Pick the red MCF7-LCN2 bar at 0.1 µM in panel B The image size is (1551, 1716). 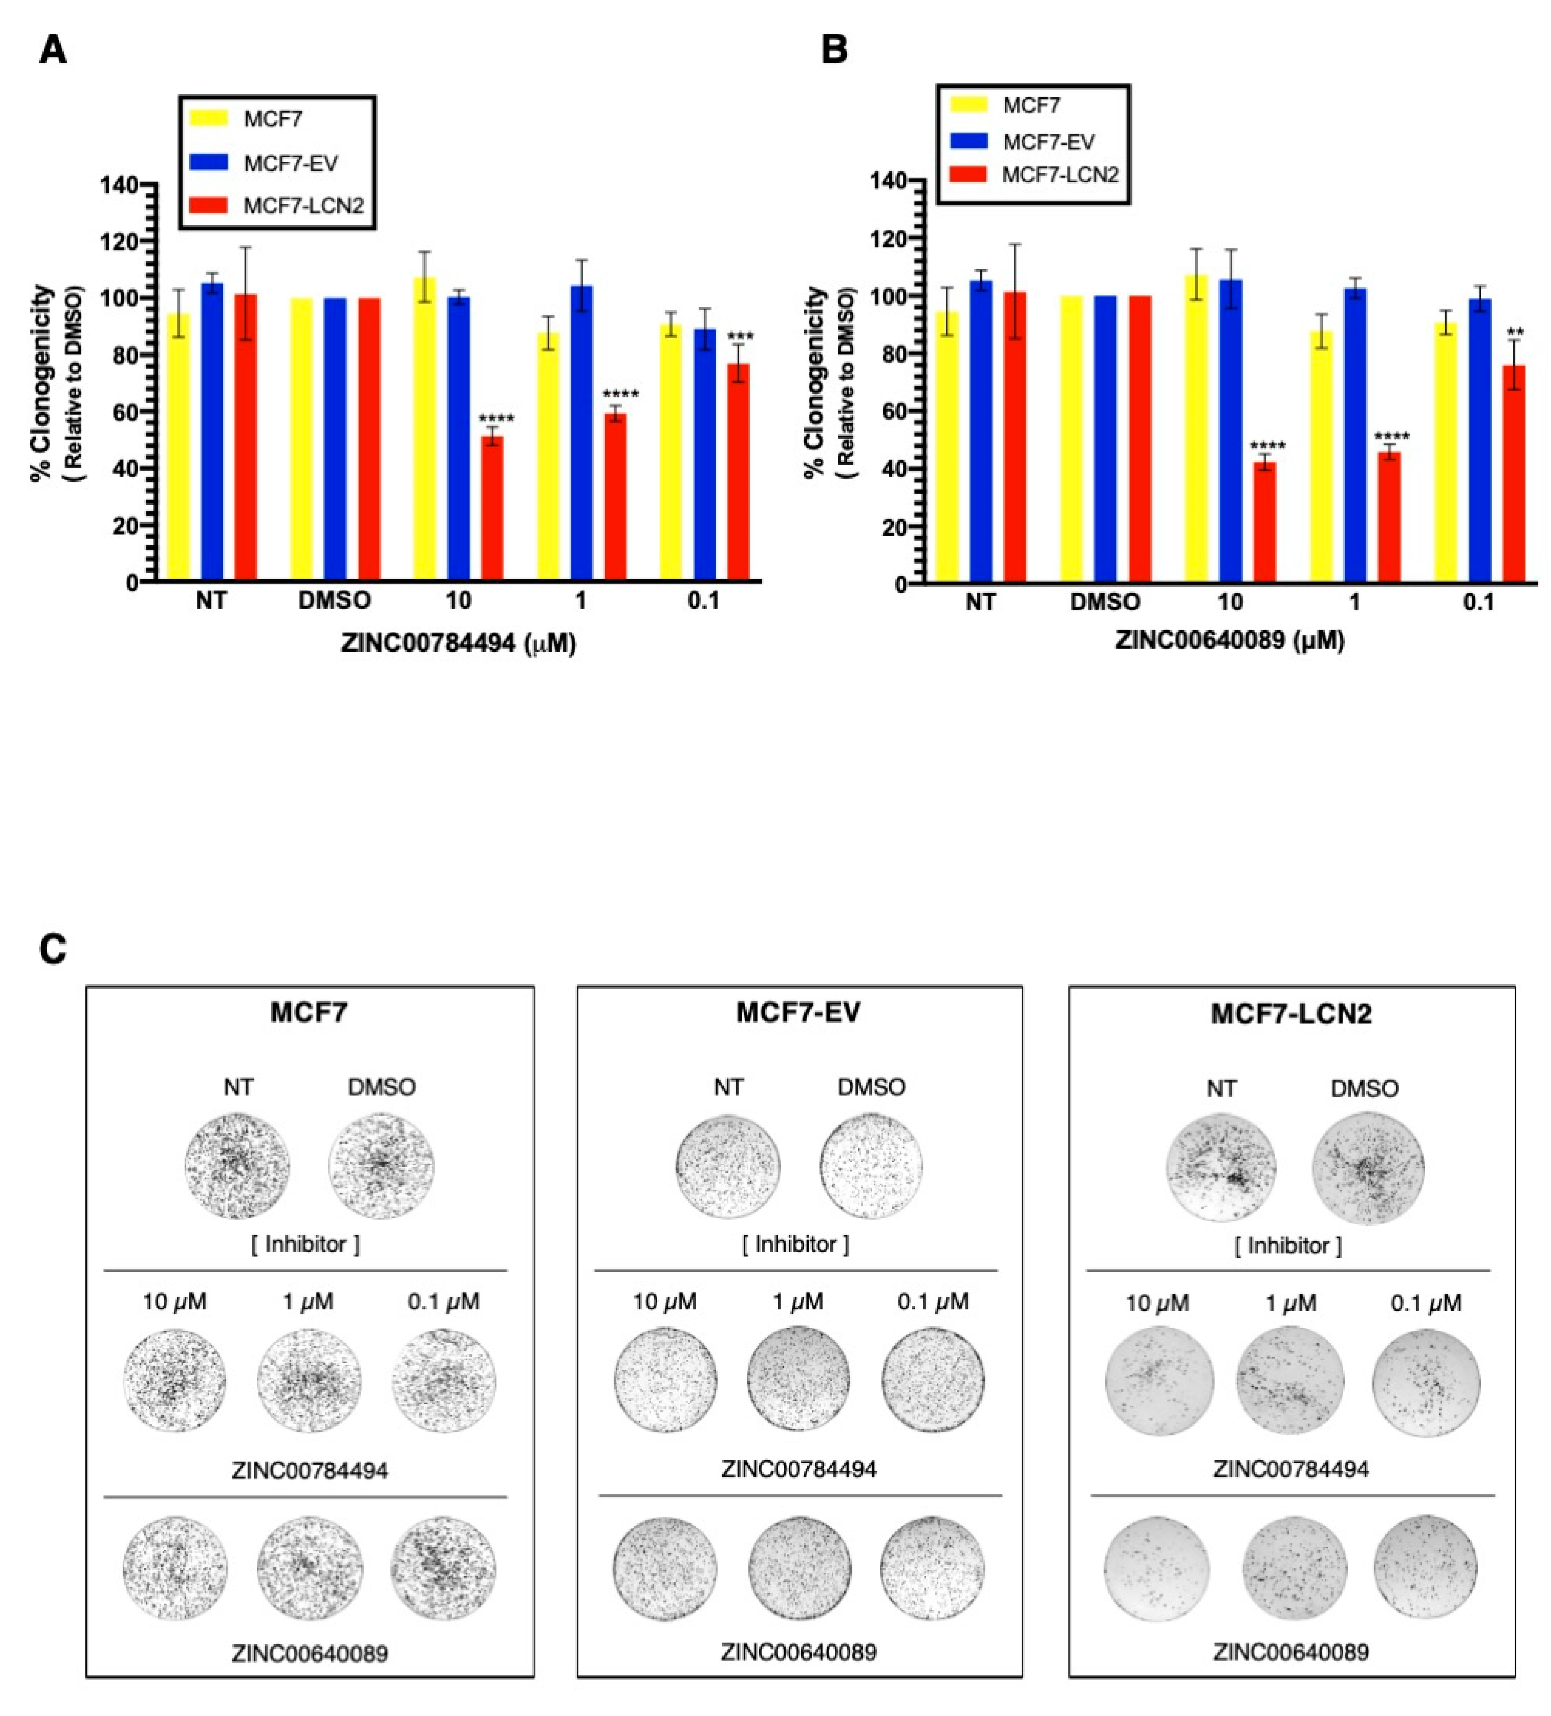click(x=1514, y=474)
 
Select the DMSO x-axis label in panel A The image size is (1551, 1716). click(x=334, y=601)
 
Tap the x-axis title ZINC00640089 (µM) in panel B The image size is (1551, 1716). click(x=1229, y=641)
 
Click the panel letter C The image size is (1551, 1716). click(x=53, y=949)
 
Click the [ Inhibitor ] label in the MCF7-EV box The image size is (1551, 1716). click(x=796, y=1244)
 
